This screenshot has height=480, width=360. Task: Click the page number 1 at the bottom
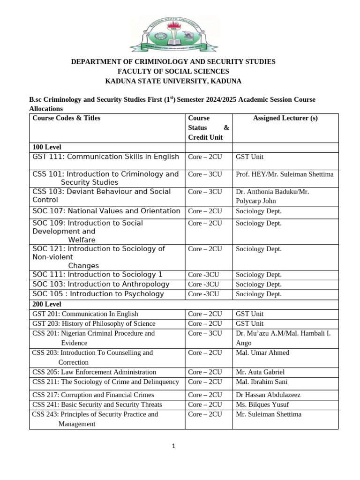coord(173,446)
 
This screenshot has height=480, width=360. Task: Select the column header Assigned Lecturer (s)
coord(285,118)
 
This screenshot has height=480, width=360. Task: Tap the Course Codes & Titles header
coord(66,118)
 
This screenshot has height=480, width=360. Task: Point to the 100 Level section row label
coord(47,147)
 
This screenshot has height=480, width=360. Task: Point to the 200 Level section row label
coord(47,304)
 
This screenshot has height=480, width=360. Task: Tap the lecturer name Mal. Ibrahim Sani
coord(262,382)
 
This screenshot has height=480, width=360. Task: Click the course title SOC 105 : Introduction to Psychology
coord(98,294)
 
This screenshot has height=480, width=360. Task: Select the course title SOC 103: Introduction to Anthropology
coord(101,284)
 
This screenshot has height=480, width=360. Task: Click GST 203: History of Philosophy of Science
coord(94,323)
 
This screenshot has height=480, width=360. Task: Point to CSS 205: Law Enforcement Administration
coord(94,372)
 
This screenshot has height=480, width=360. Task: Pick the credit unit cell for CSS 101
coord(205,174)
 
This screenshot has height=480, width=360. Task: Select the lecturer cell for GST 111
coord(249,157)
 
